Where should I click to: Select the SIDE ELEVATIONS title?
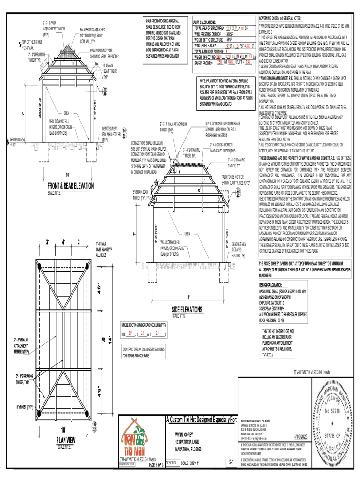pyautogui.click(x=187, y=310)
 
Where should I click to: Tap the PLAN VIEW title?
pyautogui.click(x=66, y=439)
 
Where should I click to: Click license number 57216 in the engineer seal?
pyautogui.click(x=333, y=413)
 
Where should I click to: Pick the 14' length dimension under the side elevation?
pyautogui.click(x=188, y=298)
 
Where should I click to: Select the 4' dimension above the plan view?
pyautogui.click(x=64, y=242)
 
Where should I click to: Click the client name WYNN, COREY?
pyautogui.click(x=184, y=434)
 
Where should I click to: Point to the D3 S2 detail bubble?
pyautogui.click(x=238, y=193)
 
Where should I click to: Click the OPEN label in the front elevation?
pyautogui.click(x=66, y=113)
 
